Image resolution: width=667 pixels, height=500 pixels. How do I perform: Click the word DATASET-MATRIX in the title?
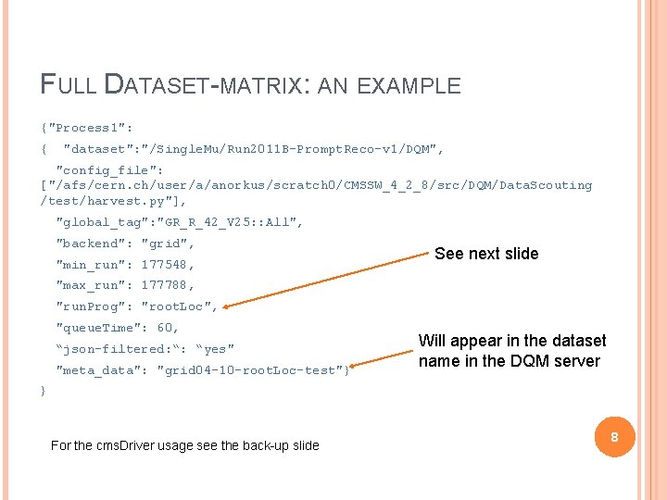pos(202,85)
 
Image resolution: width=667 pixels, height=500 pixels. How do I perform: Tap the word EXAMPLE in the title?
pos(409,86)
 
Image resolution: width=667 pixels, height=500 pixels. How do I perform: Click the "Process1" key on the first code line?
pos(90,128)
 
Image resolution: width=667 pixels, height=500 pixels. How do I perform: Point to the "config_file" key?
pos(109,169)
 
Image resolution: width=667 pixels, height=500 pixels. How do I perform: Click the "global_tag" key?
pos(106,222)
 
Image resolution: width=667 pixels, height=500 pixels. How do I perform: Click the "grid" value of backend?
pos(168,244)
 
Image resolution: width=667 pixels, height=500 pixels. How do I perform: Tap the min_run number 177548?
pos(168,265)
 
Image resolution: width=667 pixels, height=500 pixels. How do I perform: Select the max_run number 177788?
pos(168,285)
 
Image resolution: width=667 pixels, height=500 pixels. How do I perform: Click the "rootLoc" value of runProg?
pos(179,306)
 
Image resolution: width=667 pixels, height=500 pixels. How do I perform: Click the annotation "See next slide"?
pos(486,254)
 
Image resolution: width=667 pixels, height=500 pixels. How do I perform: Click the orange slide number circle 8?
pos(612,436)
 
